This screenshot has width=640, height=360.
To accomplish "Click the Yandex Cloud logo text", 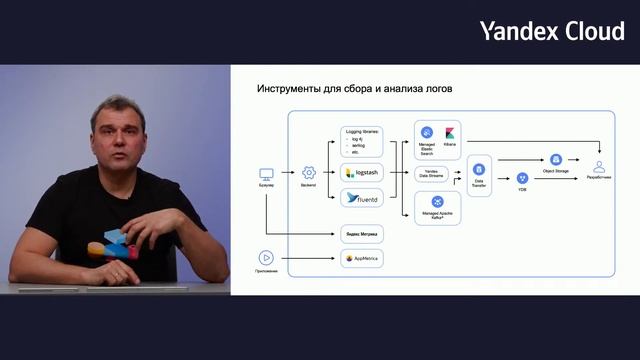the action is pos(551,31).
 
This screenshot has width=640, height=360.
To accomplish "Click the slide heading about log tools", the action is pos(355,90).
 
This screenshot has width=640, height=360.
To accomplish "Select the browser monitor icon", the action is pos(267,173).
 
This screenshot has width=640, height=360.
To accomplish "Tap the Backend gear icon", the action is pos(309,173).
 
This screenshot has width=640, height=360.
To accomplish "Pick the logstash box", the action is pos(361,172).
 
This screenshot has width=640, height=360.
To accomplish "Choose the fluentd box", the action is pos(361,198).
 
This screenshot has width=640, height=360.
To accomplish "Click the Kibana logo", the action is pos(449,133).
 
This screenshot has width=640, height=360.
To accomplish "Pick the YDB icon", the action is pos(522,178).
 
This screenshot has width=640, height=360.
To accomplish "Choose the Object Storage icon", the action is pos(556,158).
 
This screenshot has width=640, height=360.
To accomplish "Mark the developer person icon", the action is pos(599,166).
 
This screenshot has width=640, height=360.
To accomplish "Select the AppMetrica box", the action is pos(361,258).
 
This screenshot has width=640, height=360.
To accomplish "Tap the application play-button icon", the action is pos(266,257).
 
